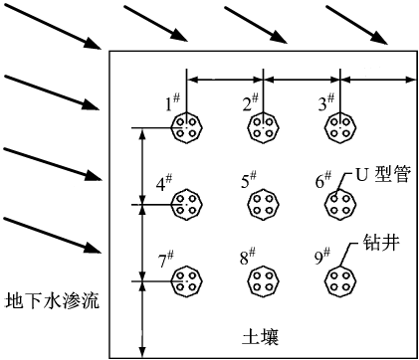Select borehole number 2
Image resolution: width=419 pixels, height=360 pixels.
tap(264, 127)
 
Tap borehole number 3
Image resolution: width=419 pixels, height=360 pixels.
tap(340, 127)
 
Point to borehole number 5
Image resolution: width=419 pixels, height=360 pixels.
tap(264, 205)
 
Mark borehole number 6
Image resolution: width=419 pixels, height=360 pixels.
tap(340, 205)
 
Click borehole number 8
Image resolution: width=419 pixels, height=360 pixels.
tap(264, 281)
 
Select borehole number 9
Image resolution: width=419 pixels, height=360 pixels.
tap(340, 281)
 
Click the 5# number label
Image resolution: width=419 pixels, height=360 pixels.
tap(249, 180)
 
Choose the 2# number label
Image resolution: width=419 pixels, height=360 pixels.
tap(251, 102)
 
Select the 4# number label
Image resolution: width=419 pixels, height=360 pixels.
tap(165, 183)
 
